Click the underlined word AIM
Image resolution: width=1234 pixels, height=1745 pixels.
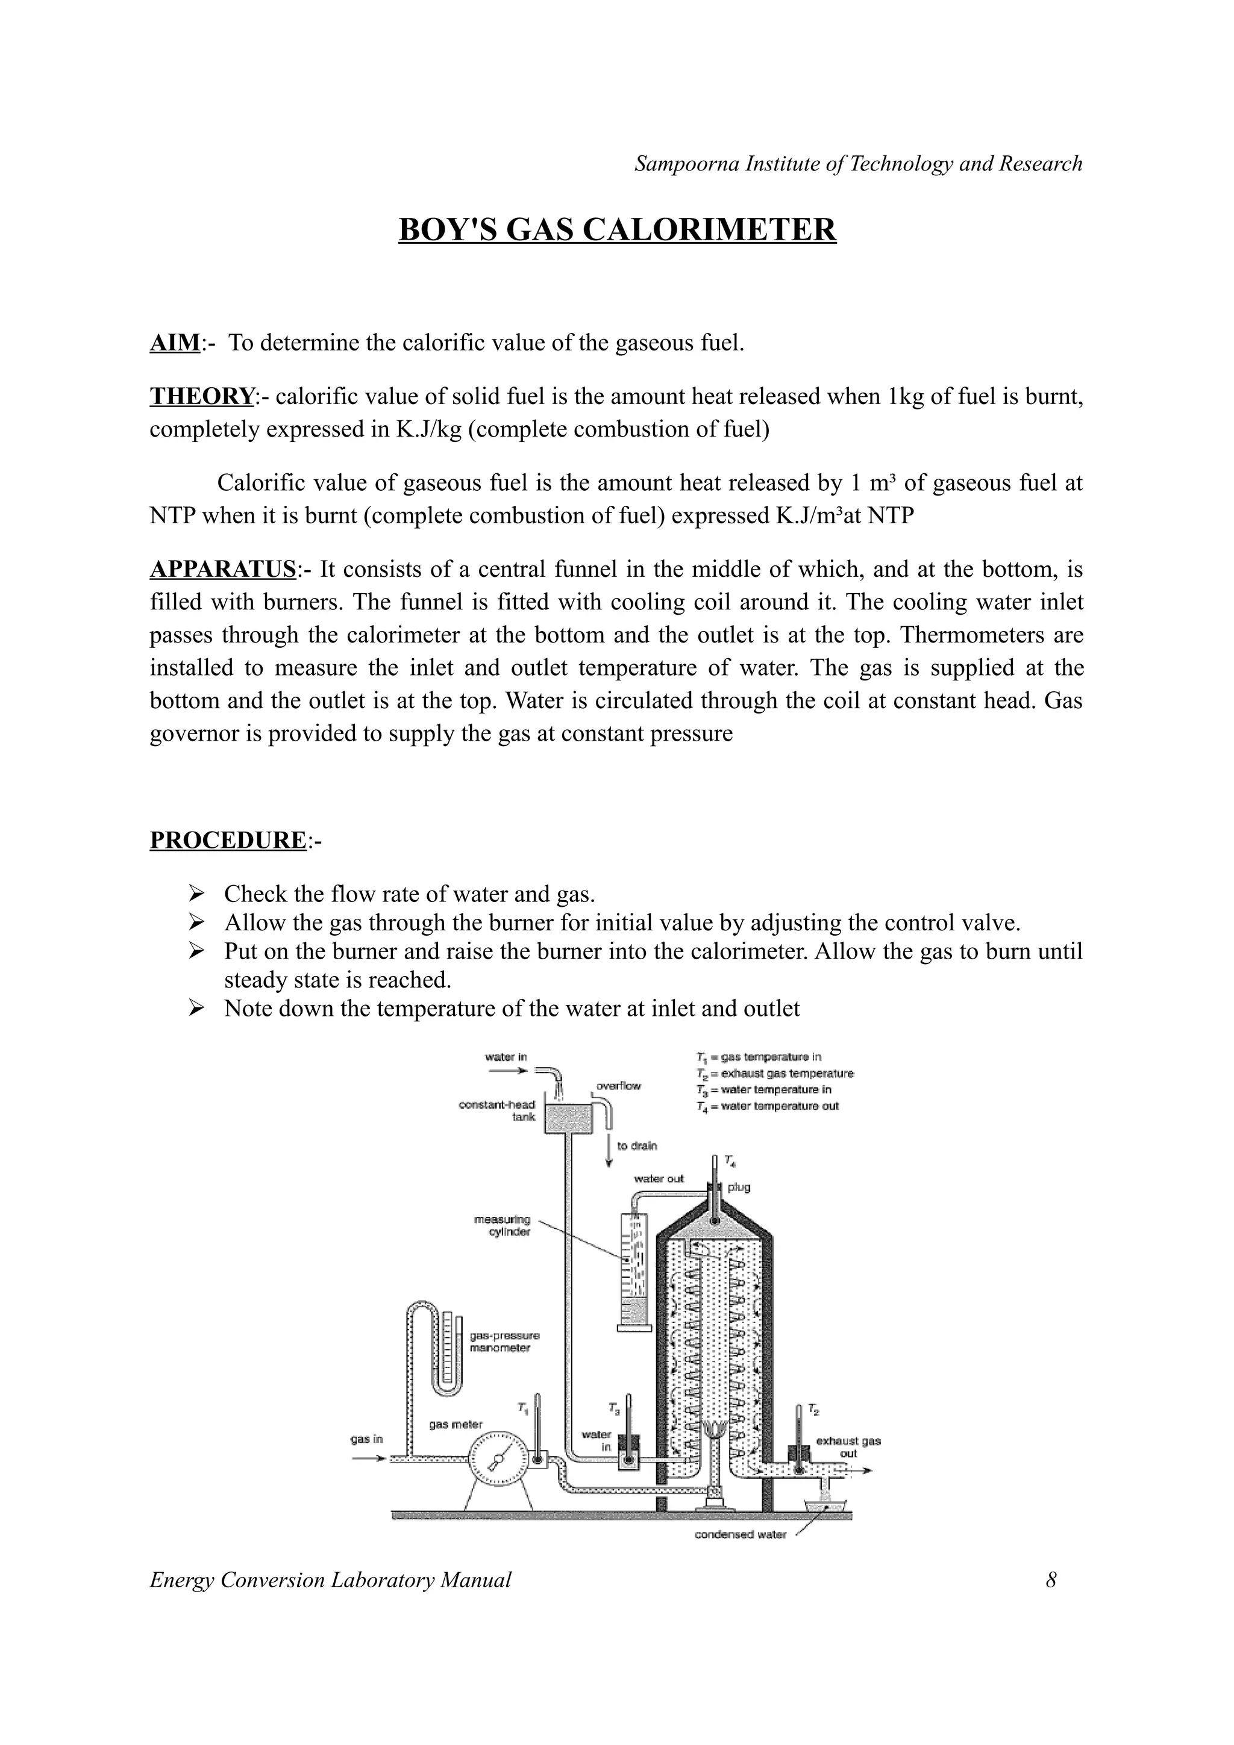coord(174,343)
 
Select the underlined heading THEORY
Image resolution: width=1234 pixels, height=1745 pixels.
coord(201,396)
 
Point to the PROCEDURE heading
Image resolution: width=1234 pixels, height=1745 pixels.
coord(227,840)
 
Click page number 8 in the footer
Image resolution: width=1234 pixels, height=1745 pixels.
coord(1051,1580)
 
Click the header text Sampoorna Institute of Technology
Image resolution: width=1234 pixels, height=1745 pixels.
coord(857,163)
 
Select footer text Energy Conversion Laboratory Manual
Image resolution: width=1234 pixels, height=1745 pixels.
coord(330,1580)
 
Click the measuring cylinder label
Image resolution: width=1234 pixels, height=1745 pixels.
coord(502,1225)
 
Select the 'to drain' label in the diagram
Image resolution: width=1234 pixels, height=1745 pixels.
coord(636,1146)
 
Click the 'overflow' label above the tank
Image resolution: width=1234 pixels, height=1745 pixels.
coord(618,1086)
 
